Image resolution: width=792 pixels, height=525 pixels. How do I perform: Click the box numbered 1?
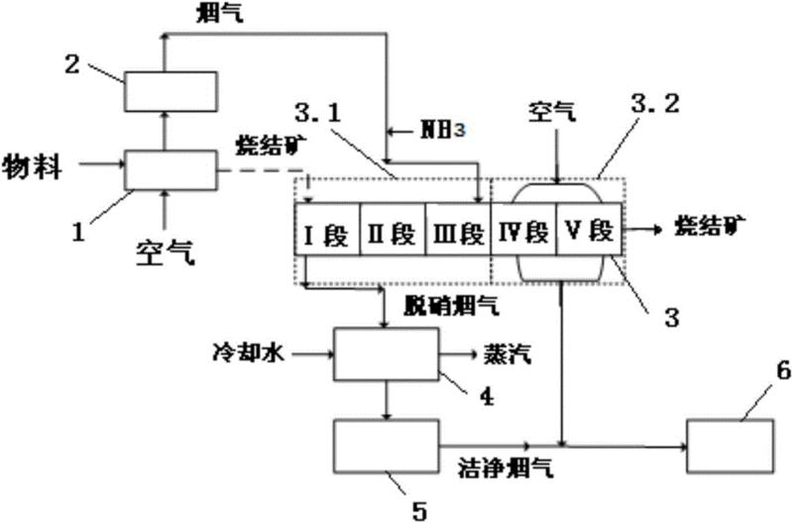170,168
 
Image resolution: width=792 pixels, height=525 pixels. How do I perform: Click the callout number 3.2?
650,105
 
